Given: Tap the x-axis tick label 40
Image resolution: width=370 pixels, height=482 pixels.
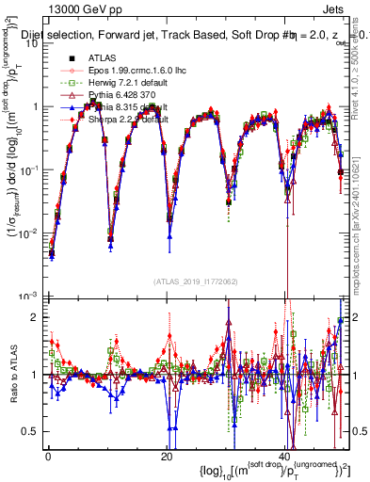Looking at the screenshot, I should pos(285,456).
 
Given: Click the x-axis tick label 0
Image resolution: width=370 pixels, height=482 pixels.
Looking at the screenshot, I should pos(48,456).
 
